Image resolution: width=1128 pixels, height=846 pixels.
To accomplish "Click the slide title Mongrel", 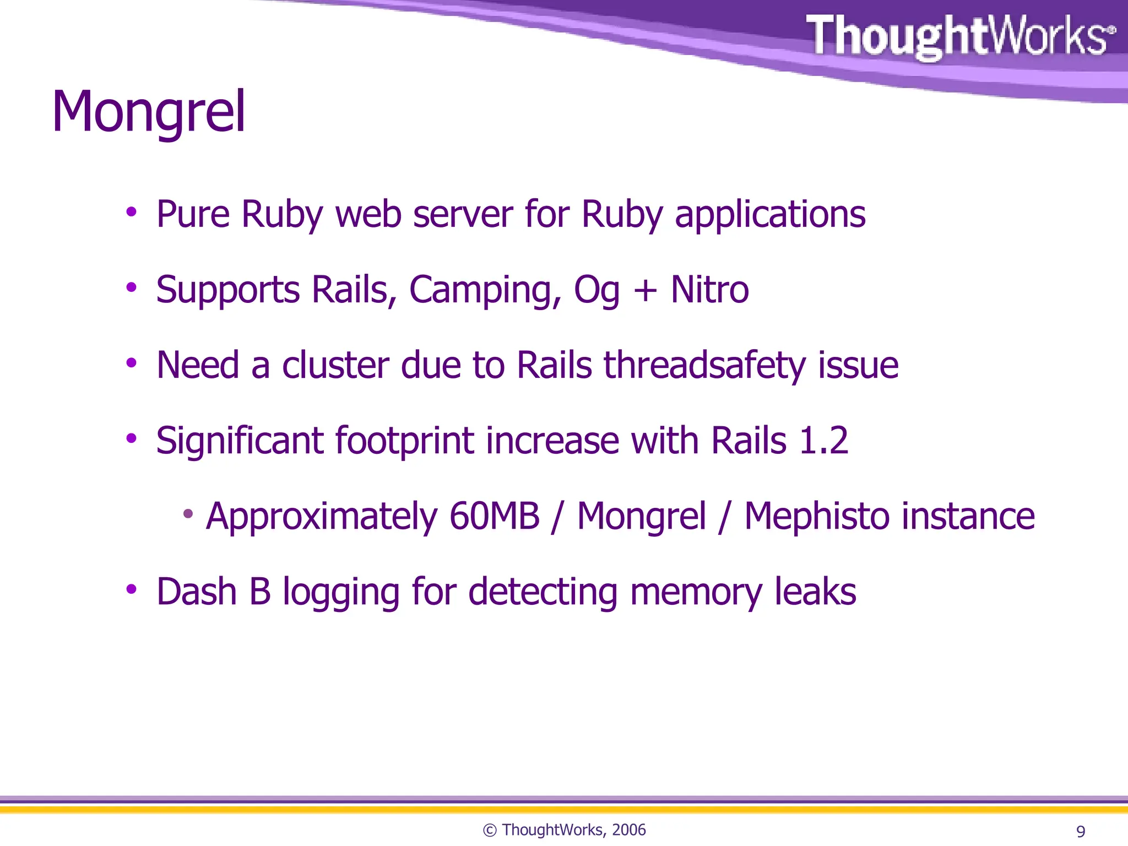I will (148, 113).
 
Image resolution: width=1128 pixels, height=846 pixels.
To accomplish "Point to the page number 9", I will (1081, 831).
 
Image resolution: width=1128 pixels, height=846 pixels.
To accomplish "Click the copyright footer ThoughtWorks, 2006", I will (564, 829).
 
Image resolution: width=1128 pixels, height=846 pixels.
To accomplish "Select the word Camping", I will (485, 290).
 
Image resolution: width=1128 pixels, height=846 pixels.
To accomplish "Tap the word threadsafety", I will (704, 366).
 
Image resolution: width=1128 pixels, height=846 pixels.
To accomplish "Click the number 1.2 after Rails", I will (823, 441).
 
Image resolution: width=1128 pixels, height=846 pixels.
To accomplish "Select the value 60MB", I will (494, 516).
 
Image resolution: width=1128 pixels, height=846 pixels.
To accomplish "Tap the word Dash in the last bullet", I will (197, 592).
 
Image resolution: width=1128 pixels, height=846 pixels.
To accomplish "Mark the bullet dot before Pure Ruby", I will (131, 212).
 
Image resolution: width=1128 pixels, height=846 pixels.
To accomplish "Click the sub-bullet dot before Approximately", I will (188, 514).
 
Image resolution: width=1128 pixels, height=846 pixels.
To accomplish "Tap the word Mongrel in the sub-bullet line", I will (641, 516).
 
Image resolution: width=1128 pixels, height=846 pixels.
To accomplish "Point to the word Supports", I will (228, 290).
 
